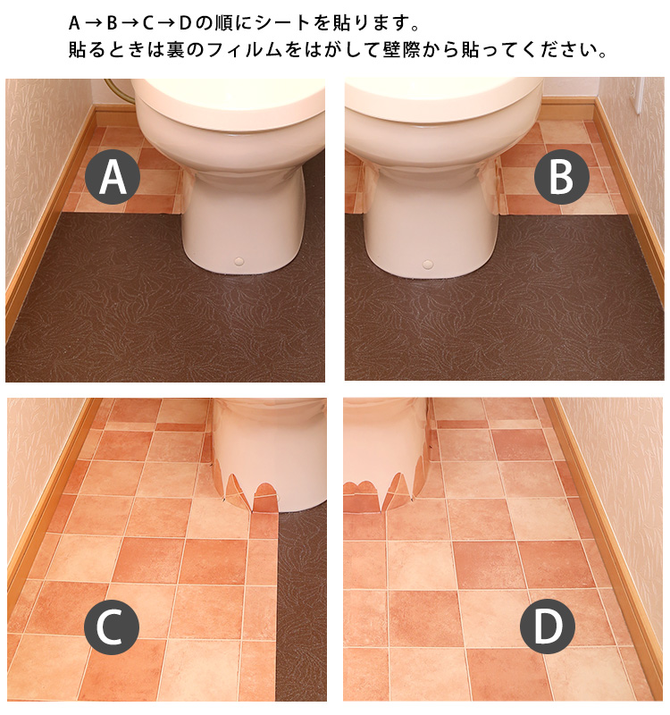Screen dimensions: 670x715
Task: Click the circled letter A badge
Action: [113, 176]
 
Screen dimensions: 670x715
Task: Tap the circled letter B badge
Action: [561, 176]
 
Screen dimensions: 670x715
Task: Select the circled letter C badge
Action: [111, 627]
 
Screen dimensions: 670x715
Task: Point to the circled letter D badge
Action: [548, 625]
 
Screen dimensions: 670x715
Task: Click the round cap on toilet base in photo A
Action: [239, 261]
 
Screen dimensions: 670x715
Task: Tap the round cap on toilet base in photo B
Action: [428, 264]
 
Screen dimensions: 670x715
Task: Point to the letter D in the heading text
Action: [184, 23]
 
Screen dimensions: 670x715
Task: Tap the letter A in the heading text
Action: [74, 23]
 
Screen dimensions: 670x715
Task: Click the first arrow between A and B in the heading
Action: [93, 23]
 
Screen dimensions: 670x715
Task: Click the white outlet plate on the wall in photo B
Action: [638, 95]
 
